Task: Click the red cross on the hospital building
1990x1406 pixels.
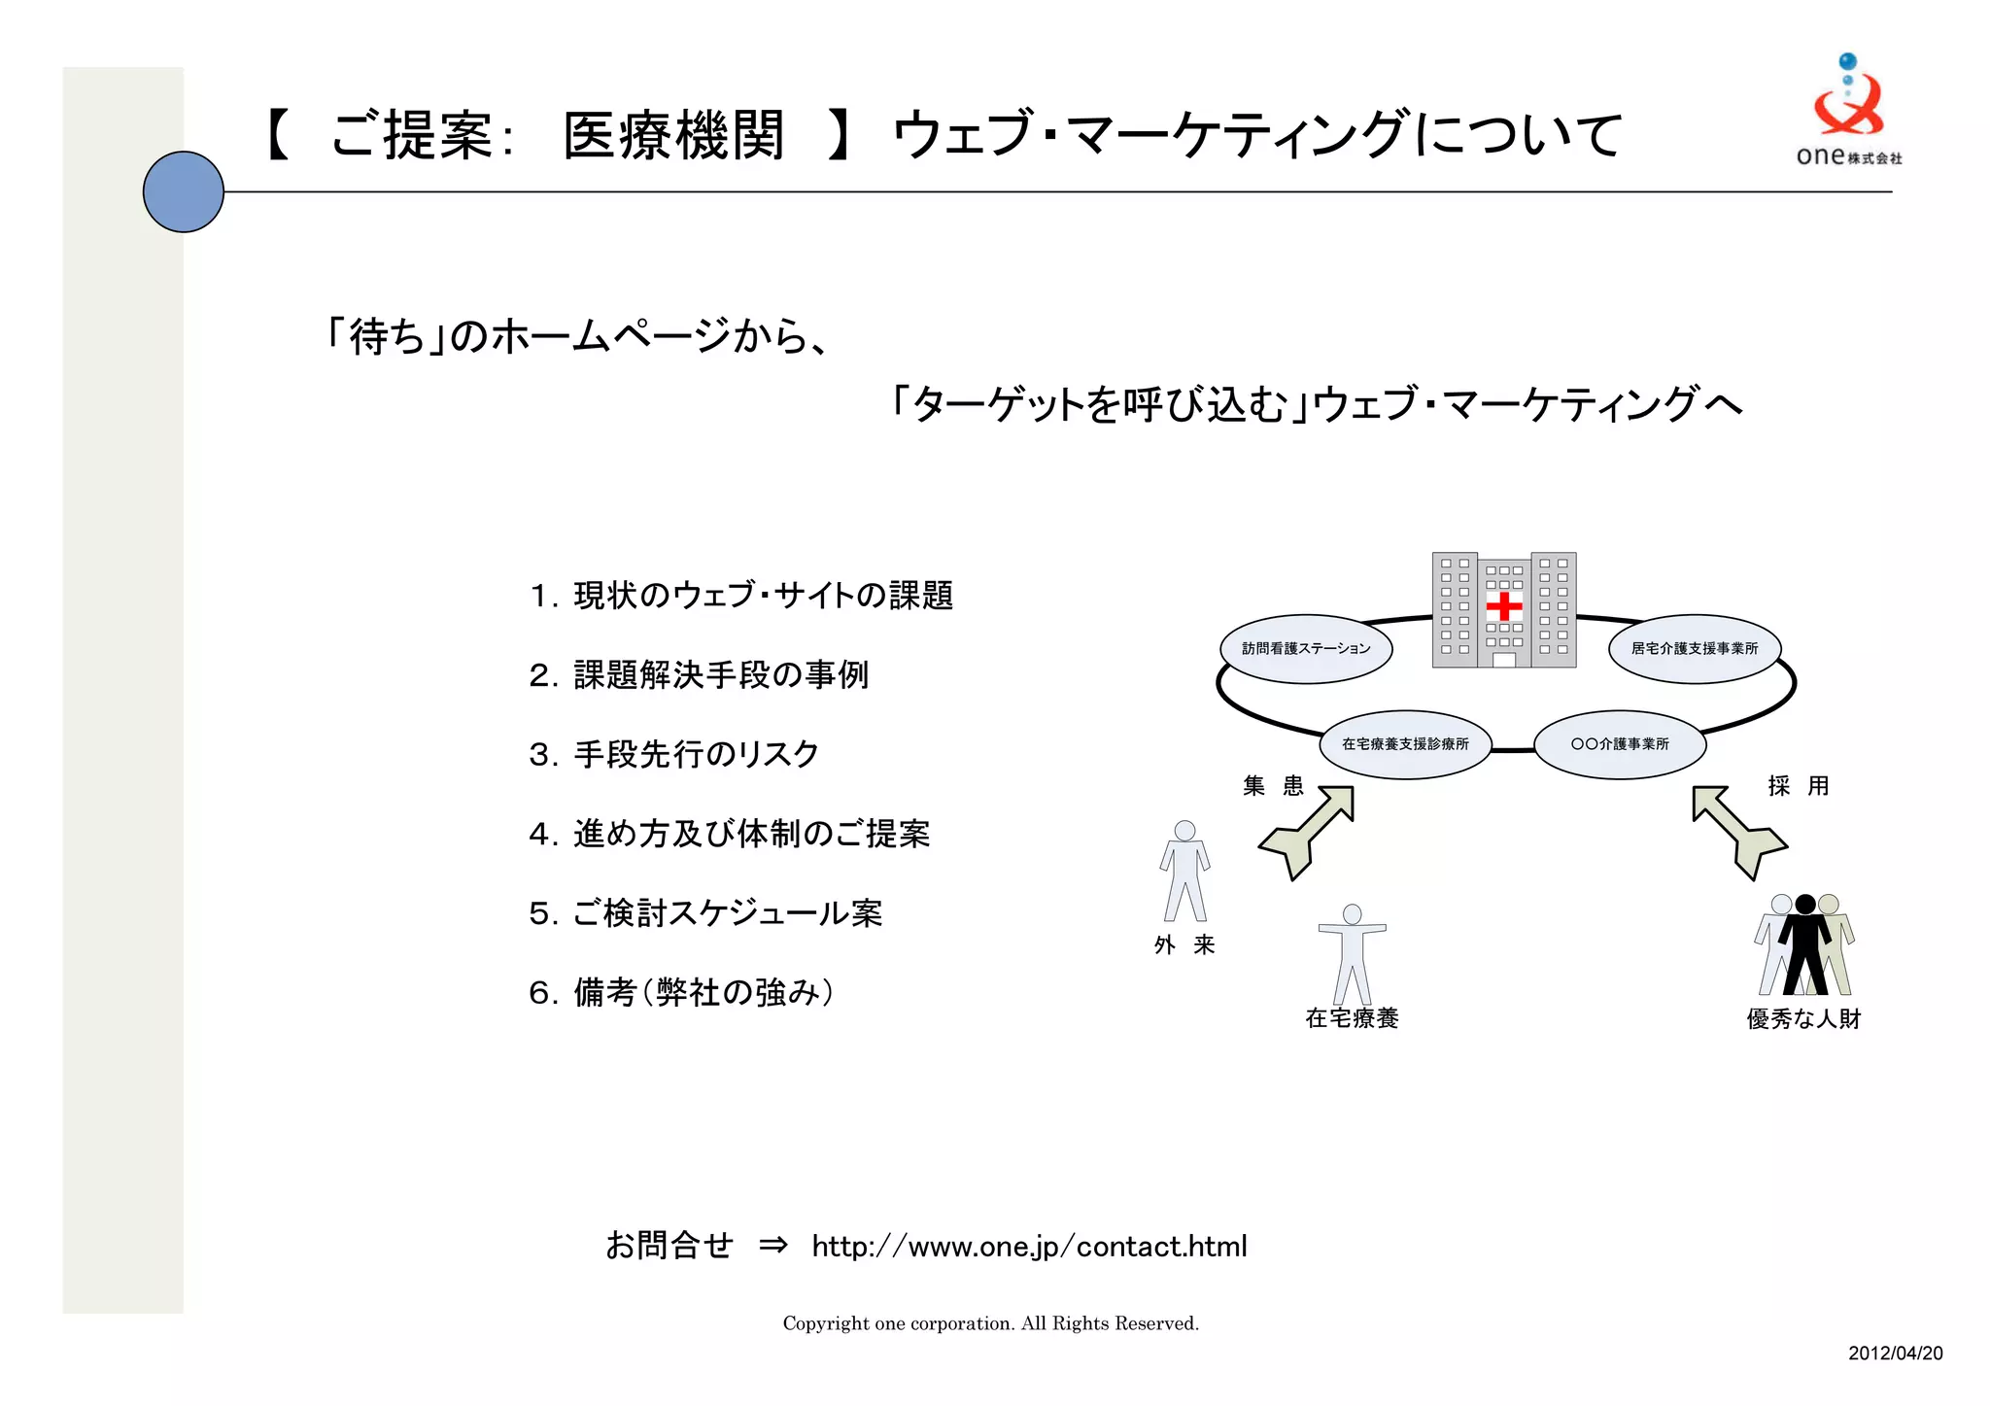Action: (1503, 606)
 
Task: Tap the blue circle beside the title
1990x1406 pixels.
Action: (184, 191)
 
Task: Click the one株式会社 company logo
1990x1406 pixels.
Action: (1848, 111)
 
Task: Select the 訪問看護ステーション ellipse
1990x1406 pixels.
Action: (1305, 648)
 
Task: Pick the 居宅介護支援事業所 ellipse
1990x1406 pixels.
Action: (1695, 648)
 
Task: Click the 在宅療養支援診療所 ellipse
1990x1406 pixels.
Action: (1404, 744)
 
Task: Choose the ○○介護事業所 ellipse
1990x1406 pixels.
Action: (1619, 744)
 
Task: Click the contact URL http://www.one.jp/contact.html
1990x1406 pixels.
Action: (1029, 1246)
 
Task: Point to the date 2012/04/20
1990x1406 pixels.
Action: (1895, 1354)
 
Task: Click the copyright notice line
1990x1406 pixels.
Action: (990, 1323)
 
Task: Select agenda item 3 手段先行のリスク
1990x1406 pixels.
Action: (674, 754)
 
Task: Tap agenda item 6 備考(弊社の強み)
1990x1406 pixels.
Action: (681, 992)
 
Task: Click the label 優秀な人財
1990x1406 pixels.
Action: (1802, 1019)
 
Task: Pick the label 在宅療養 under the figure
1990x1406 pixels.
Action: (1352, 1018)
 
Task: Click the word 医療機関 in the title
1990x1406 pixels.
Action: (673, 135)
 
